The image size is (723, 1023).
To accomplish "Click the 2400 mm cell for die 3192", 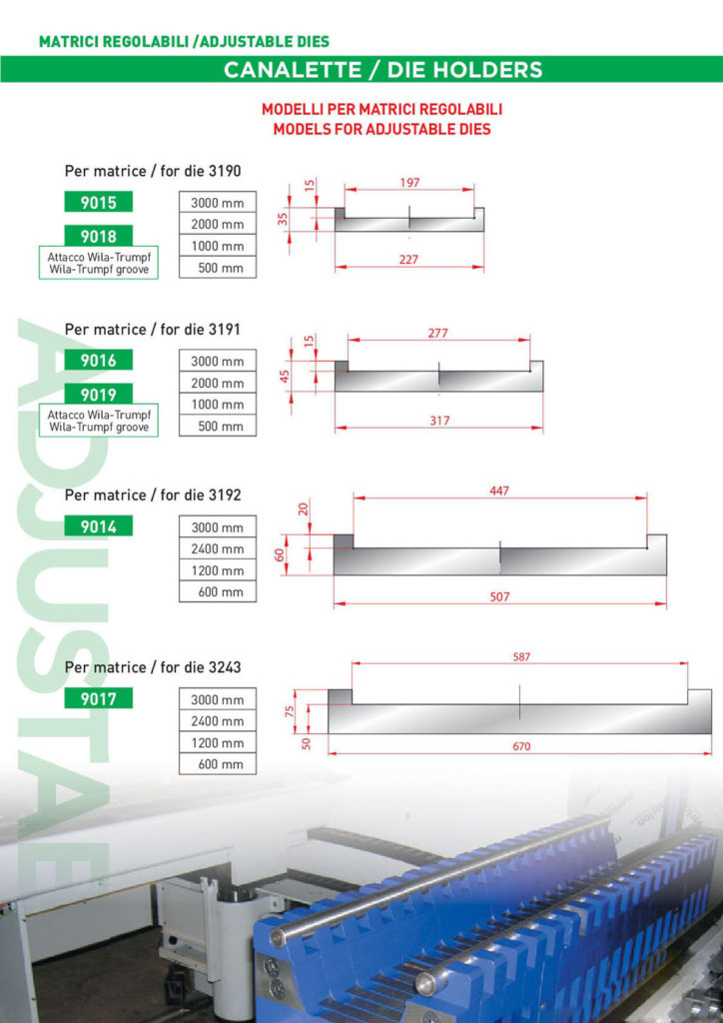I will (218, 549).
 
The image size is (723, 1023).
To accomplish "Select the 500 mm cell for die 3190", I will (218, 268).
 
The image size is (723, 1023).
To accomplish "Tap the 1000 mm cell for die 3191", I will (218, 405).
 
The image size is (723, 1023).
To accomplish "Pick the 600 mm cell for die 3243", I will (218, 765).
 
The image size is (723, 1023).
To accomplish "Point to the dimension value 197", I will (408, 183).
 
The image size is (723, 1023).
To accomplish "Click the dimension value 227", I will (409, 259).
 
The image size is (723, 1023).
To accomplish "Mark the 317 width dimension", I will (439, 421).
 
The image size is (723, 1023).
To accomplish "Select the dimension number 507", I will (500, 596).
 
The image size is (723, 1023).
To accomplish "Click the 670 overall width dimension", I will (520, 746).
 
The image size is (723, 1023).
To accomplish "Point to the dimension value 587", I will (520, 657).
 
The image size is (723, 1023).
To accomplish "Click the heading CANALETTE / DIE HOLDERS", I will (383, 70).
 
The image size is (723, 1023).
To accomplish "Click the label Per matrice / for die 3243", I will (153, 666).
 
